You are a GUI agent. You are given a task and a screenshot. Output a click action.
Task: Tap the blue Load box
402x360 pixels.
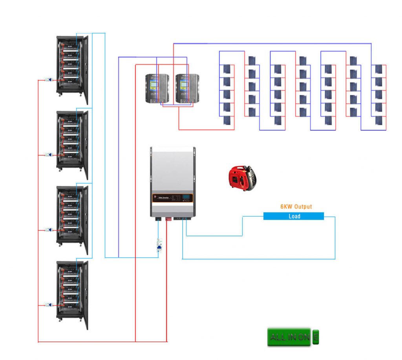[294, 216]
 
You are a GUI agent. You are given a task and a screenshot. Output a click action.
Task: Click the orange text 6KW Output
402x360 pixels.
[296, 207]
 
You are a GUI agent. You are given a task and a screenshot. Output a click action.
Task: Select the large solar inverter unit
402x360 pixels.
[173, 182]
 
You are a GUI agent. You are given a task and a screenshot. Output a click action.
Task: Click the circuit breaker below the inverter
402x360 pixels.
[160, 247]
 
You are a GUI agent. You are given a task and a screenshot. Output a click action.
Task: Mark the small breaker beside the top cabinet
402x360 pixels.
[49, 80]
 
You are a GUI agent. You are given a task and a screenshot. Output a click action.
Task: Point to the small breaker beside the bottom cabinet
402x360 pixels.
[49, 305]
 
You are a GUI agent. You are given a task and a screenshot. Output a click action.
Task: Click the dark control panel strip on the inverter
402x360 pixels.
[173, 198]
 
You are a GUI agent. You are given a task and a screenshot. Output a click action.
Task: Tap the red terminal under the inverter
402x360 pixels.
[168, 219]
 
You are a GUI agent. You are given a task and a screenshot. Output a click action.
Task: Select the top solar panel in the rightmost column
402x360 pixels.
[378, 69]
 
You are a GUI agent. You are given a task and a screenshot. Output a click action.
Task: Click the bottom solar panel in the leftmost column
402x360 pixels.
[227, 120]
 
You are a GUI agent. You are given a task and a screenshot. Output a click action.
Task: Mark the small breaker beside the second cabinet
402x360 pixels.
[49, 155]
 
